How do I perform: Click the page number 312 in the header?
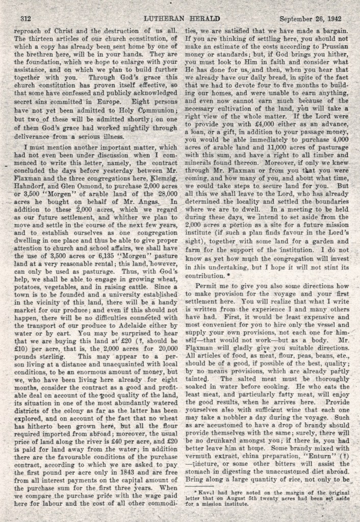click(x=25, y=18)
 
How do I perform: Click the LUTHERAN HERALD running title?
click(x=180, y=18)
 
